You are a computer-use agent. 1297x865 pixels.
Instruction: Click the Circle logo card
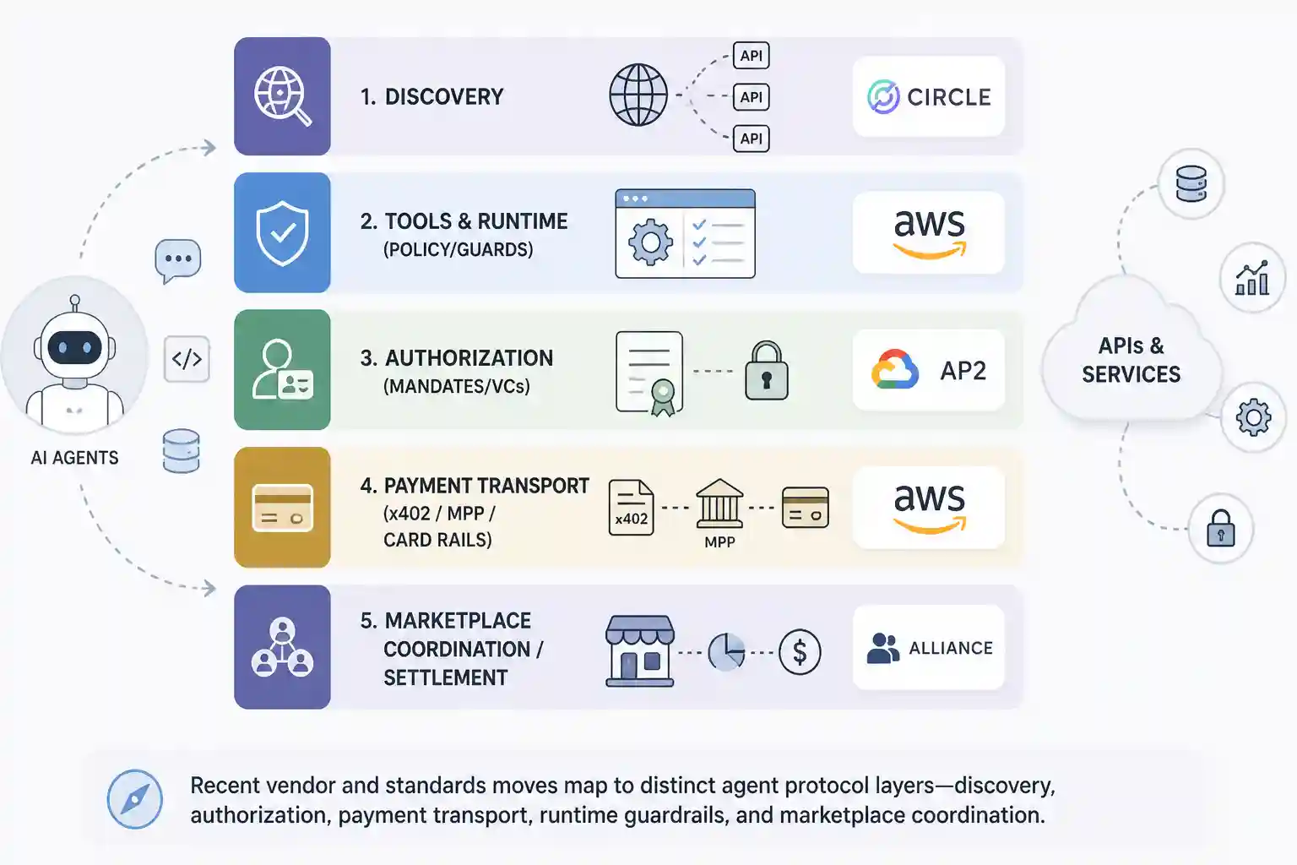coord(929,96)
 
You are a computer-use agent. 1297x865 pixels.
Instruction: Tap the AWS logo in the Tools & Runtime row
coord(930,233)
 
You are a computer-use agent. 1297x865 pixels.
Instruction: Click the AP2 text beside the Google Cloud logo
coord(963,371)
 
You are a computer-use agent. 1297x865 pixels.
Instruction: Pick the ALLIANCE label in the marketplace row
coord(951,648)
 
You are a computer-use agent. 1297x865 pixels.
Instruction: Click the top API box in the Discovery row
coord(751,56)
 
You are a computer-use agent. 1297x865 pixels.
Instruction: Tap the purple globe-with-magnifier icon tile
coord(283,96)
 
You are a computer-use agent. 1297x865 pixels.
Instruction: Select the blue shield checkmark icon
coord(283,233)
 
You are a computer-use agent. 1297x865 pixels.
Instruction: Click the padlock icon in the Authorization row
coord(767,371)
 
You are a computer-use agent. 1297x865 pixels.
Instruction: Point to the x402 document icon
coord(631,508)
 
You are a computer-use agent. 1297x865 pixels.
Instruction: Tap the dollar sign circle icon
coord(800,652)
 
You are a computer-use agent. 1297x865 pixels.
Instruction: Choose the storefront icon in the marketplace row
coord(640,651)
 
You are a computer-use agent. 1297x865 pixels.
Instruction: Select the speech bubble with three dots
coord(178,261)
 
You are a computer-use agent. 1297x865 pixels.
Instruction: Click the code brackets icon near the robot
coord(187,359)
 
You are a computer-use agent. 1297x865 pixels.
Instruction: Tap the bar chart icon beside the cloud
coord(1252,278)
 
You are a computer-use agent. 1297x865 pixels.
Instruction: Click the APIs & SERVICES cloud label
coord(1131,360)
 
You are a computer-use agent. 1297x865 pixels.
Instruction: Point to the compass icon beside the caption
coord(135,799)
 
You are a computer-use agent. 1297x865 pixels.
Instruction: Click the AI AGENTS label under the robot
coord(74,458)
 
